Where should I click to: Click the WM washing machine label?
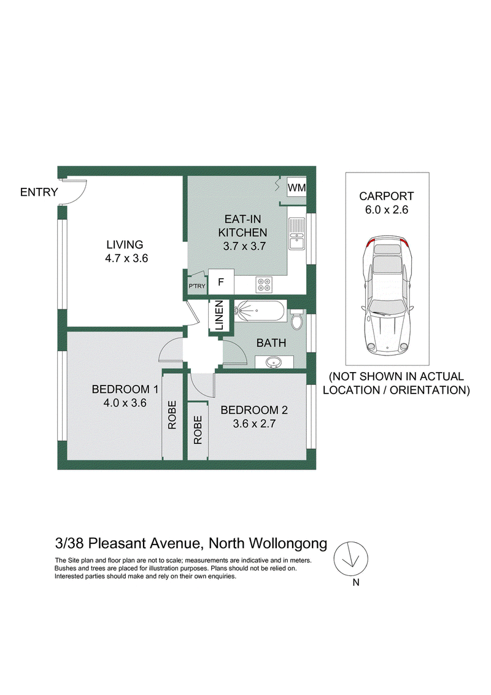click(296, 187)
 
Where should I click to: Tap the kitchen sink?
click(296, 233)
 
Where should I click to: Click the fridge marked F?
click(221, 282)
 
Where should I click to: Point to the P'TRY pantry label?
click(197, 286)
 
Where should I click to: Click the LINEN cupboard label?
click(219, 316)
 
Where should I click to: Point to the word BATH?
click(271, 343)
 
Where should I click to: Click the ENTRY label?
click(39, 192)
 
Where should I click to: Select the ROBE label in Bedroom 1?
click(172, 415)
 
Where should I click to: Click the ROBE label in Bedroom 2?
click(198, 430)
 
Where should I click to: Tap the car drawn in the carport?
click(387, 295)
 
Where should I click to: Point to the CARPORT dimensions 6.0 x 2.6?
click(387, 209)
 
